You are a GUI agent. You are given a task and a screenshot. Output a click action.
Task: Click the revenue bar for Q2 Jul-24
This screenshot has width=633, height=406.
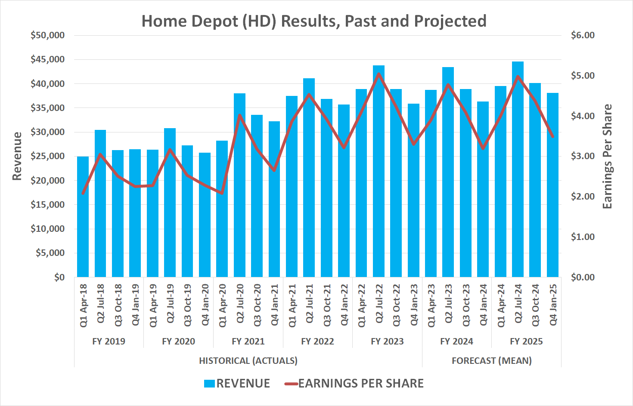coord(518,172)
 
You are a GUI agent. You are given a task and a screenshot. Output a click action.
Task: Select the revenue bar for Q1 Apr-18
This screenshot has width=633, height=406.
coord(83,217)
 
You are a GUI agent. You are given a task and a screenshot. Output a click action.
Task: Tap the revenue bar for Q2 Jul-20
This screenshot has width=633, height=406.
coord(239,185)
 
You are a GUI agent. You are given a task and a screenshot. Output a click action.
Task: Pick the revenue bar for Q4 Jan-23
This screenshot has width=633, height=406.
coord(413,191)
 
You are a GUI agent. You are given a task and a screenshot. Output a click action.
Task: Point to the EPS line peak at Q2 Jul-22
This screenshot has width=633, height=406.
coord(379,74)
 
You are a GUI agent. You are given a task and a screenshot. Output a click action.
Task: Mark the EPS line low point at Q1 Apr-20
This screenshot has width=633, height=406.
coord(222,193)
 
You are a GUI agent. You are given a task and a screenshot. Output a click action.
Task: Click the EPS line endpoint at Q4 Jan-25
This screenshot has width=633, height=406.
coord(552,137)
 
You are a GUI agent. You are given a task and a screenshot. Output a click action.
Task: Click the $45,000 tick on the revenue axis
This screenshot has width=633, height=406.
coord(47,59)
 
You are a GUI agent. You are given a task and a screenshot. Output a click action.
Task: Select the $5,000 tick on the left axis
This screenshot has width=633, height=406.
coord(49,253)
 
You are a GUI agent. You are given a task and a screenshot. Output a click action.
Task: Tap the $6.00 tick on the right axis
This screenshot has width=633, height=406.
coord(583,35)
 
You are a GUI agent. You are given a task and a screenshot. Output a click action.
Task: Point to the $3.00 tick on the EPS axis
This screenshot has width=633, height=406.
coord(583,156)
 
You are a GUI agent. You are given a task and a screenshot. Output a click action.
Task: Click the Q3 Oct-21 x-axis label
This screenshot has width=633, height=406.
coord(327,305)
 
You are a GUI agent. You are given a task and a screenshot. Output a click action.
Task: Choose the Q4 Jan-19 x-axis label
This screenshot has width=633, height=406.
coord(135,305)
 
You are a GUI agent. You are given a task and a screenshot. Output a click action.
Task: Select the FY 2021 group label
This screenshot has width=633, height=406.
coord(248,341)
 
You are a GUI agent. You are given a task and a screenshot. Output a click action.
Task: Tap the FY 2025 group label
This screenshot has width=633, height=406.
coord(526,341)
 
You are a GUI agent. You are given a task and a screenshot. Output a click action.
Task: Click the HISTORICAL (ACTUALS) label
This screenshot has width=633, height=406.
coord(248,360)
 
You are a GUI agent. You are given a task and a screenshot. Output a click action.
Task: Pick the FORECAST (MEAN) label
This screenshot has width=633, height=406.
coord(491,360)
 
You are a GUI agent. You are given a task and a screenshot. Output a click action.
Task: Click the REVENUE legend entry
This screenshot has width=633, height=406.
coord(243,383)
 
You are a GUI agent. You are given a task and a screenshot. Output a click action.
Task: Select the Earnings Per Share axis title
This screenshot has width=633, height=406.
coord(607,157)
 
